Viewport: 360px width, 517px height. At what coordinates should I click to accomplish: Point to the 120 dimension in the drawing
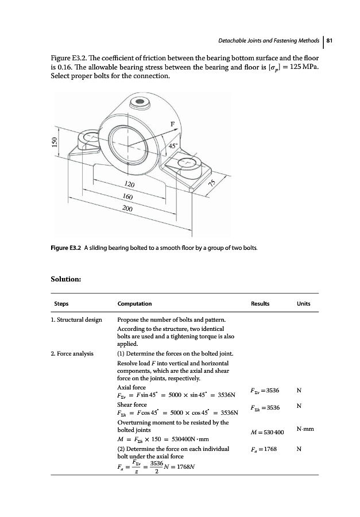[x=129, y=185]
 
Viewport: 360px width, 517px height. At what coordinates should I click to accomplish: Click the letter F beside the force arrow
[x=173, y=122]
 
